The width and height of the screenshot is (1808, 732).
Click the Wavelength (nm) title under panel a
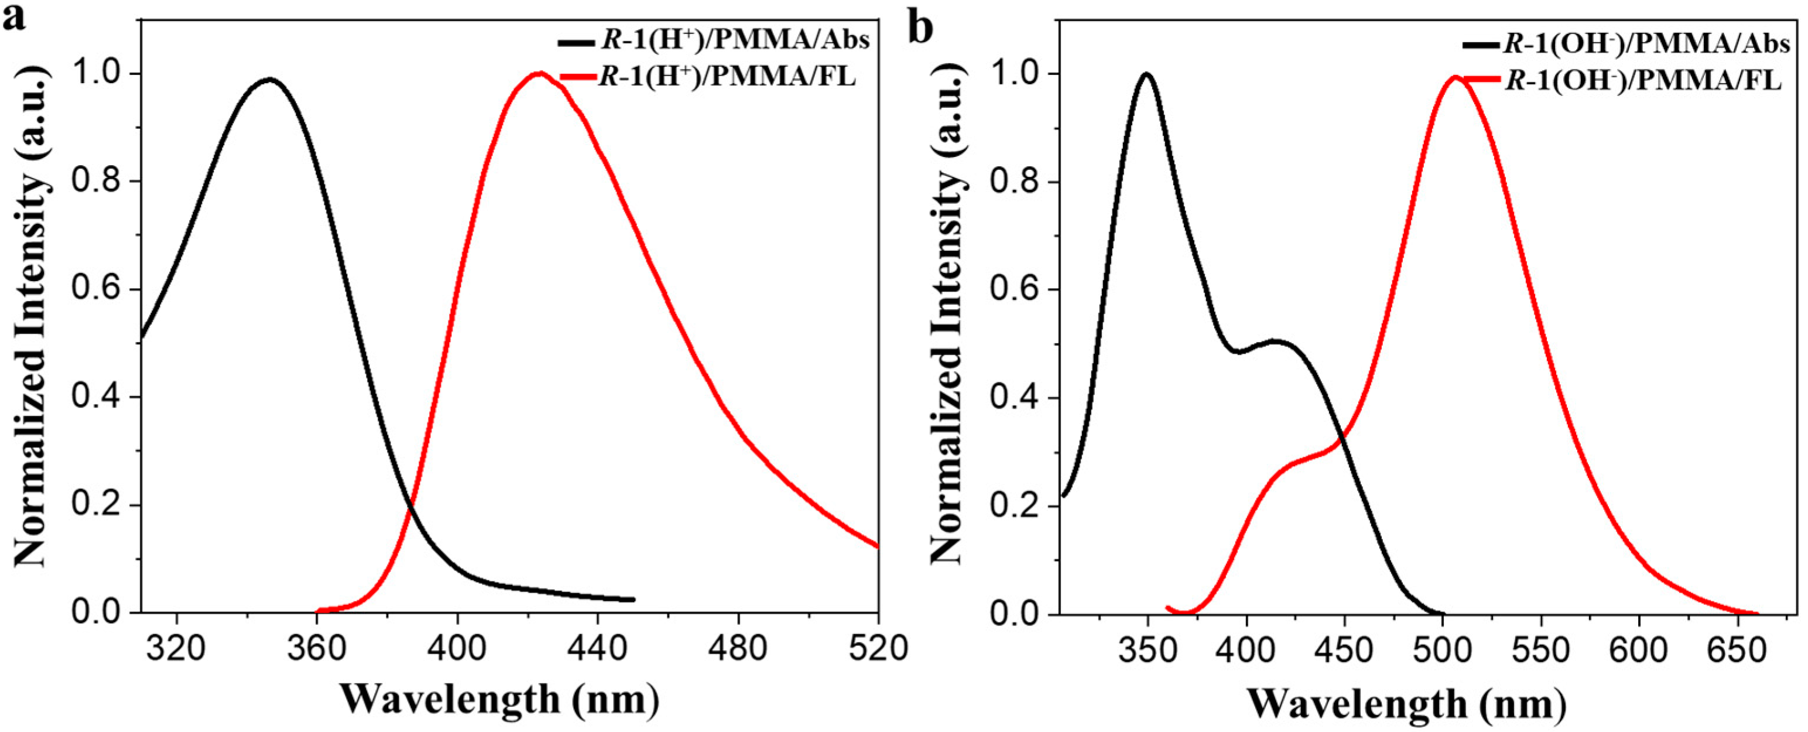pos(500,699)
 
